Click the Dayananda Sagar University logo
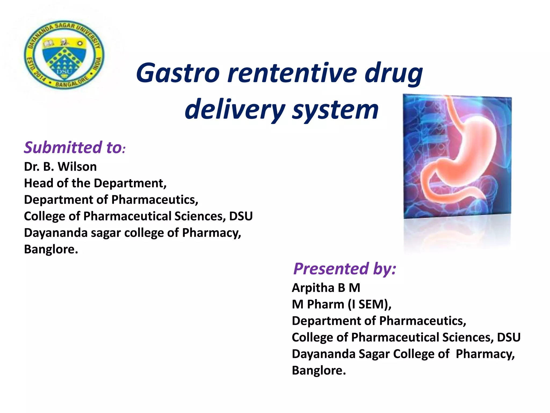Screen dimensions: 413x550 [x=64, y=55]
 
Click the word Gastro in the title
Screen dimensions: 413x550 [x=178, y=73]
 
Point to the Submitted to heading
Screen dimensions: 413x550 [x=74, y=148]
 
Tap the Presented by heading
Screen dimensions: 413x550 [x=345, y=269]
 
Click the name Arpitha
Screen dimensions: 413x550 [x=313, y=288]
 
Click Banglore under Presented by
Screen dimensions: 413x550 [x=319, y=371]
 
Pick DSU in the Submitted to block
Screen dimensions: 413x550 [x=241, y=216]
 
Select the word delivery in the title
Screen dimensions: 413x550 [x=235, y=110]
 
